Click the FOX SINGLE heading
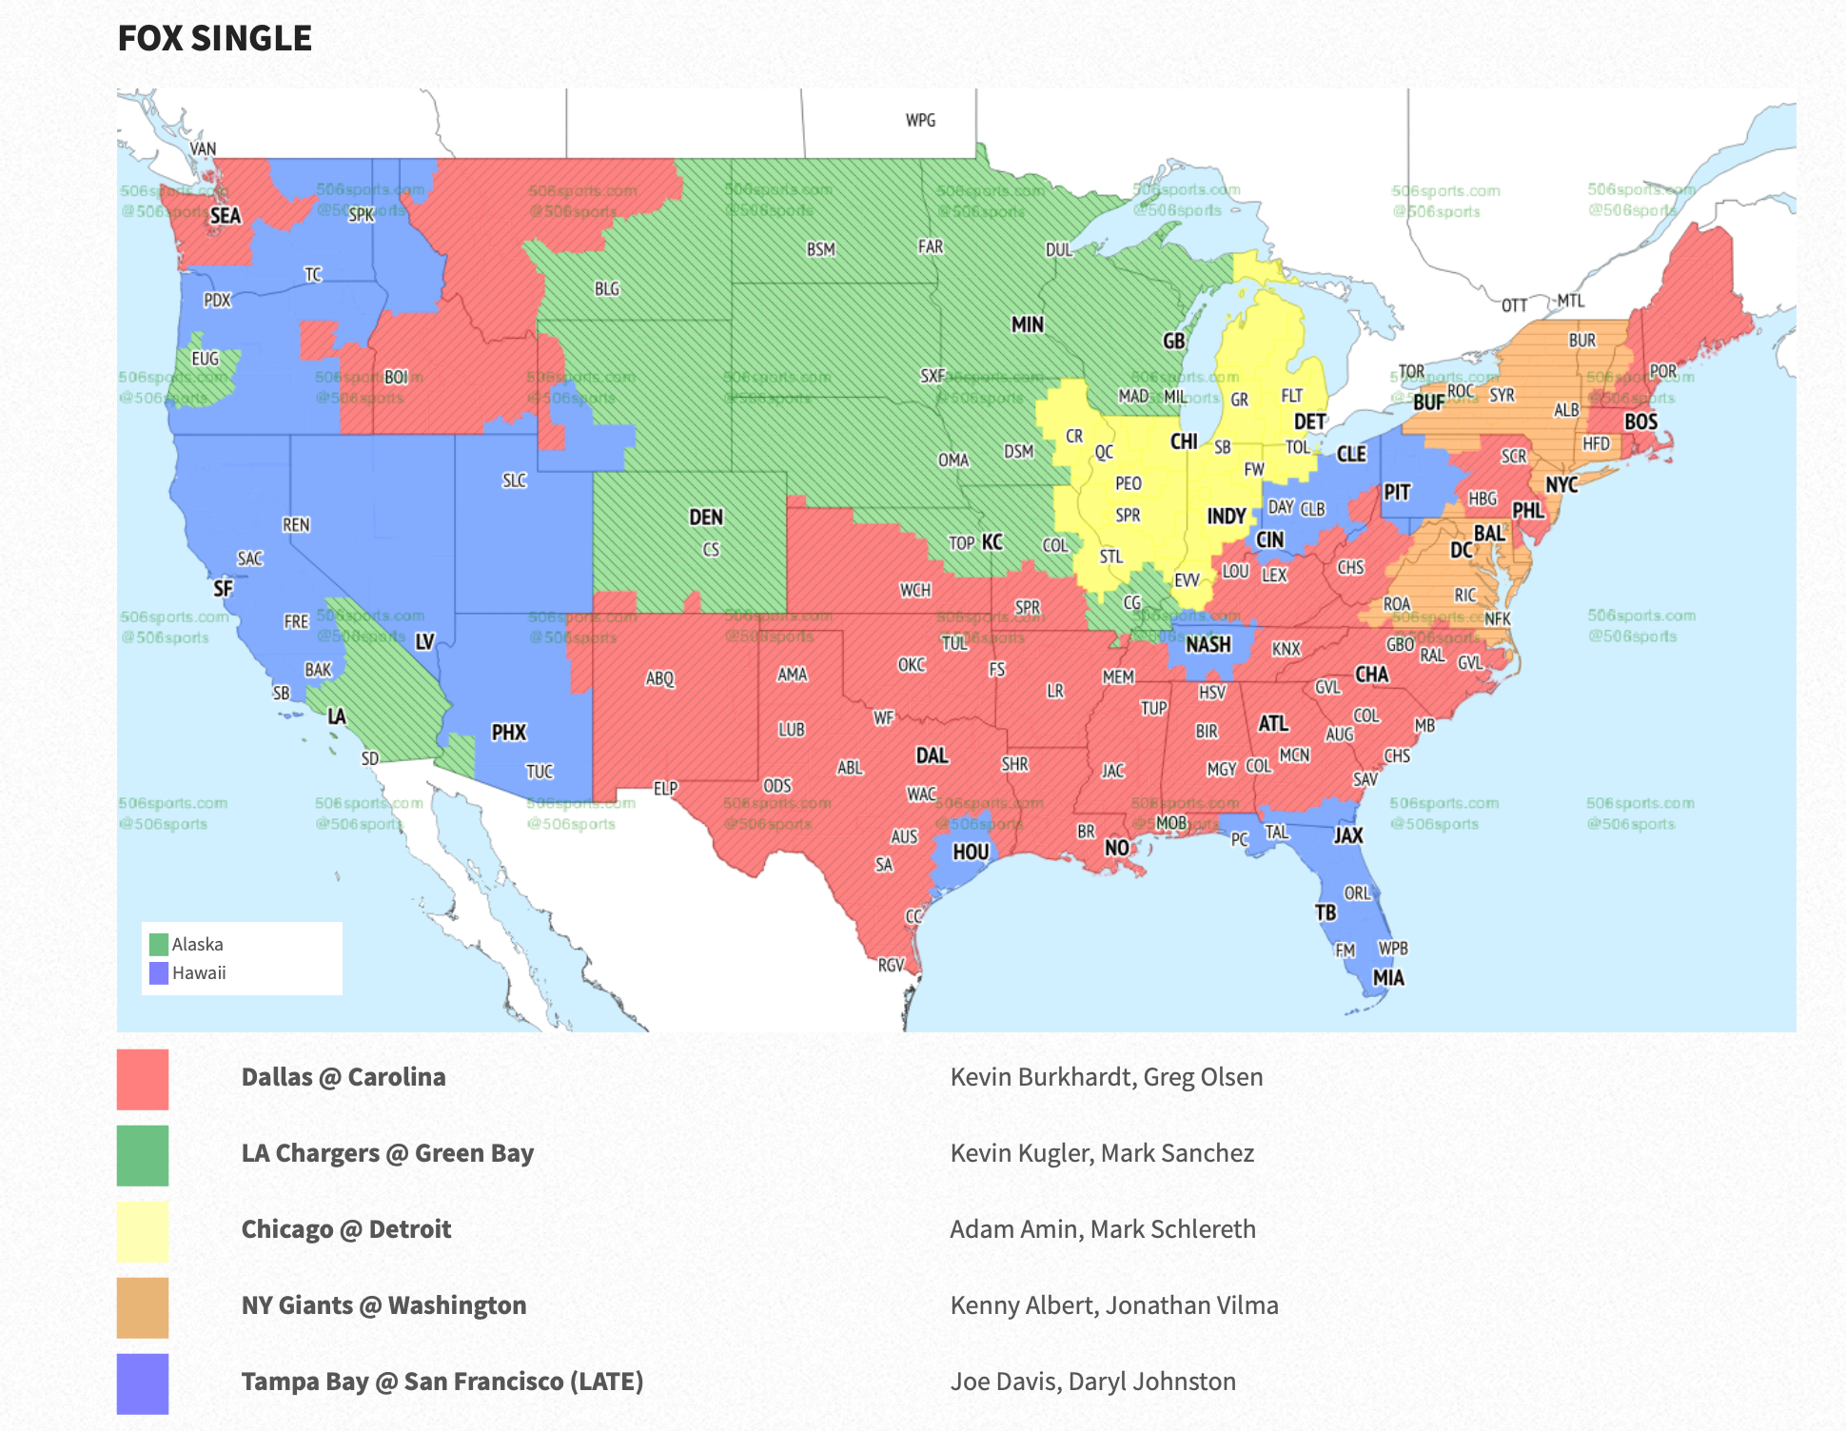click(214, 39)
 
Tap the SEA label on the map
click(226, 216)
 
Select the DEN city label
click(706, 518)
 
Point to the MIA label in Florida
click(1388, 978)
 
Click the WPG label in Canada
click(920, 121)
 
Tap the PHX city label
click(509, 733)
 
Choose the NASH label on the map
click(1208, 645)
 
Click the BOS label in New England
click(1640, 421)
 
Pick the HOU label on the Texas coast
click(971, 853)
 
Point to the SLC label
click(514, 481)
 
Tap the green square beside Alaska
click(159, 945)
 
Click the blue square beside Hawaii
click(159, 973)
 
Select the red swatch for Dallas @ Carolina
click(143, 1079)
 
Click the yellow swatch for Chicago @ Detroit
click(143, 1231)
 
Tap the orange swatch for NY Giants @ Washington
click(143, 1307)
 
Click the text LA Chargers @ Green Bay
click(387, 1153)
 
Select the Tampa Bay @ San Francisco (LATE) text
click(442, 1382)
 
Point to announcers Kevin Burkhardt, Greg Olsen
click(1107, 1077)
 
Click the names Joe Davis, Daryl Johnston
click(1093, 1382)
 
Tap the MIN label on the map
click(1028, 325)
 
